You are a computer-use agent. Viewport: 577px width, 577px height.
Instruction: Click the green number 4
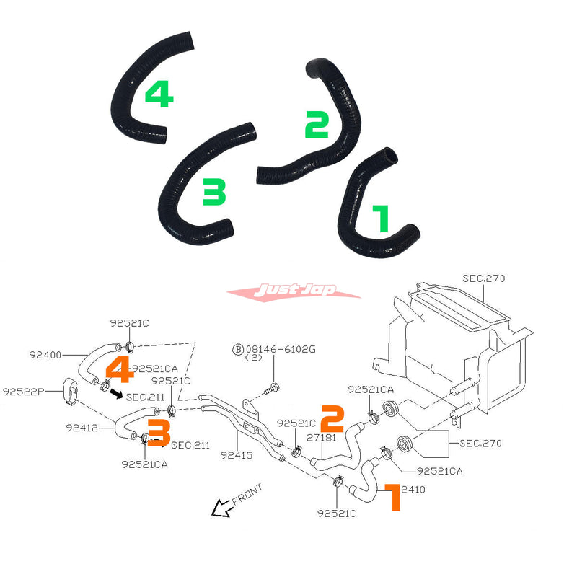point(159,94)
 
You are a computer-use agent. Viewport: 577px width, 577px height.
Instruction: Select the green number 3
point(214,192)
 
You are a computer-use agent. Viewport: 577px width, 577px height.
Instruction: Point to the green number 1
point(380,218)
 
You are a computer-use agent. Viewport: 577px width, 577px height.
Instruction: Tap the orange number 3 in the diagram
point(159,433)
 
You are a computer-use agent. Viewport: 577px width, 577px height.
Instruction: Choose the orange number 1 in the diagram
point(392,498)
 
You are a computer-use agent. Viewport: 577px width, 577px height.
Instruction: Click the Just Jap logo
point(294,292)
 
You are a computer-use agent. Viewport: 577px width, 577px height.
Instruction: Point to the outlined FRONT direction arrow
point(220,509)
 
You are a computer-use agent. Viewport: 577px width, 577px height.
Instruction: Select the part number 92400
point(46,355)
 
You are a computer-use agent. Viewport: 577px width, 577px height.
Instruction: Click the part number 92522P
point(24,392)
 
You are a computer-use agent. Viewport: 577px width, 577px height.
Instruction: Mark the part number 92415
point(236,455)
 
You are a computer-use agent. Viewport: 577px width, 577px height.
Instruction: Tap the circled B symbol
point(237,349)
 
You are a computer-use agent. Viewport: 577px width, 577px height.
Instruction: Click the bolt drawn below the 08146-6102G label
point(271,388)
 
